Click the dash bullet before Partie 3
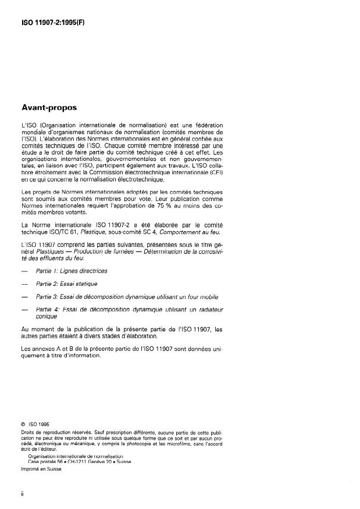(x=23, y=296)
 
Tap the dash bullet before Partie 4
(x=23, y=310)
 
